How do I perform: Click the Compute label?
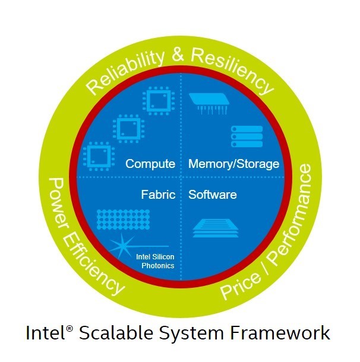click(x=150, y=164)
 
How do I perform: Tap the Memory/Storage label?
click(x=233, y=164)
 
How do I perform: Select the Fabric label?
click(x=158, y=194)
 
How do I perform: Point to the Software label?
click(x=212, y=194)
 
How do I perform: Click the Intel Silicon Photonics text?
click(x=155, y=261)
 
